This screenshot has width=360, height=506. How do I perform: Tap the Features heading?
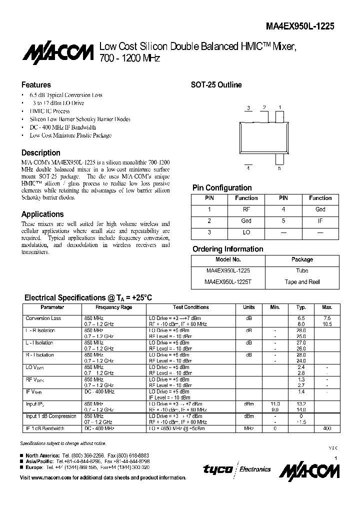pos(36,85)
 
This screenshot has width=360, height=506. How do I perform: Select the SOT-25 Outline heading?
pos(216,85)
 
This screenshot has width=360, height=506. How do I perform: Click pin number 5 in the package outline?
pos(279,168)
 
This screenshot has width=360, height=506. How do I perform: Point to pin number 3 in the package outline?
pos(248,108)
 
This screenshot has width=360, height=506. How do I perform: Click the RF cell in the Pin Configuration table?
pos(246,209)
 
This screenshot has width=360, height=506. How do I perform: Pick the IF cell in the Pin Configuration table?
pos(320,220)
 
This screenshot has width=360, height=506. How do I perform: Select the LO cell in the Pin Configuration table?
pos(246,232)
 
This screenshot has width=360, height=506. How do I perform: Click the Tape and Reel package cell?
pos(302,282)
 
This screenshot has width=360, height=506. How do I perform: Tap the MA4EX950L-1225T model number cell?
pos(228,282)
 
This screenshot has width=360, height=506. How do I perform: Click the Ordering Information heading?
pos(227,249)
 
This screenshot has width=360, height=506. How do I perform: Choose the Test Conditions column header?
pos(191,307)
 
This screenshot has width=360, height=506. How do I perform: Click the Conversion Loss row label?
pos(43,318)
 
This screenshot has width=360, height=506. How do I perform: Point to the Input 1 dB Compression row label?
pos(50,416)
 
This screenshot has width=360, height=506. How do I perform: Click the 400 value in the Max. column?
pos(327,428)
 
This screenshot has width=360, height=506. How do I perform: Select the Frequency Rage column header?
pos(113,307)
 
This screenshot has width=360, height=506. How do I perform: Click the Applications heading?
pos(42,214)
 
